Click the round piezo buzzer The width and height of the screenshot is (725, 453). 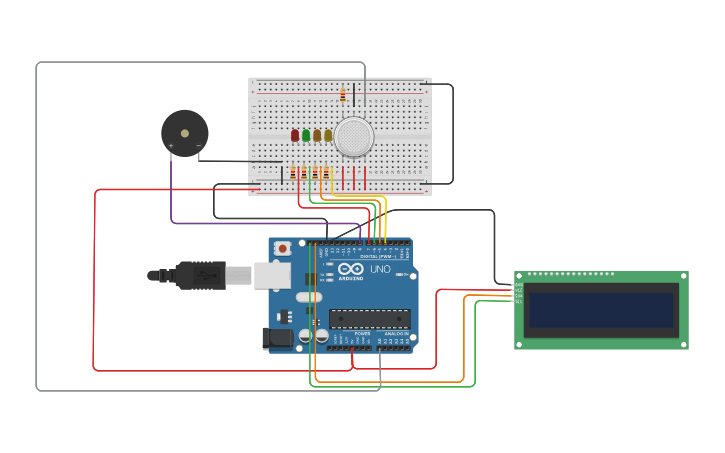(x=185, y=133)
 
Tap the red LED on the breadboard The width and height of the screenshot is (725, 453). (x=295, y=135)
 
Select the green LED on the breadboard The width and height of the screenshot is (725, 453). (x=306, y=135)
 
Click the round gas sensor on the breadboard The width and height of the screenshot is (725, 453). (x=354, y=136)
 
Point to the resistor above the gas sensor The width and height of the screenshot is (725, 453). (x=343, y=95)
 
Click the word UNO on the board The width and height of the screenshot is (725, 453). (x=380, y=269)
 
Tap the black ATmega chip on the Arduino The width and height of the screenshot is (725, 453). (x=369, y=319)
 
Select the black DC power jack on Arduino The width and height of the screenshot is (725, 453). (x=279, y=339)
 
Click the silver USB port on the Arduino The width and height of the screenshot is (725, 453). (x=271, y=275)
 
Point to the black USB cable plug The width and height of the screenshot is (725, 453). (x=200, y=275)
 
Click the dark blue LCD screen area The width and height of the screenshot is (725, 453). (x=601, y=310)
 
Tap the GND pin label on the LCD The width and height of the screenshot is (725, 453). (x=518, y=285)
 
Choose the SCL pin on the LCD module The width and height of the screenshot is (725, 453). (x=518, y=301)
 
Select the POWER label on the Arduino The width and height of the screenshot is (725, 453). (x=348, y=333)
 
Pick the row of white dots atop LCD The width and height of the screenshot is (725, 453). (x=571, y=273)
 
